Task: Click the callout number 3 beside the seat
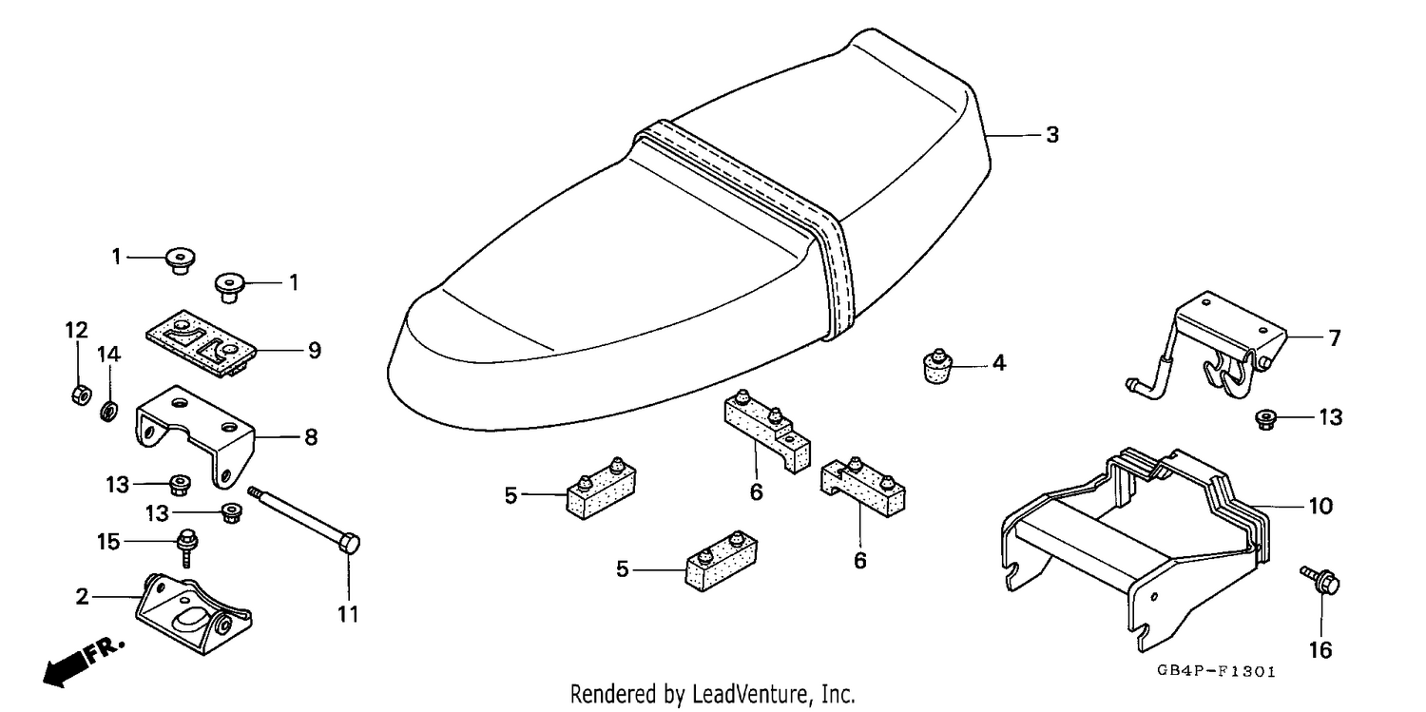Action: click(x=1051, y=135)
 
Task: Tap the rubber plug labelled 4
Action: click(x=937, y=366)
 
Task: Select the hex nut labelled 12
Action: click(x=80, y=395)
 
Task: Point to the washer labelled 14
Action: click(x=108, y=411)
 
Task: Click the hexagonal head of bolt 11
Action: click(x=351, y=545)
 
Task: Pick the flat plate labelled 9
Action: click(x=201, y=343)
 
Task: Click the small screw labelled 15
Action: click(x=188, y=547)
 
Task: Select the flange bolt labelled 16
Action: click(x=1320, y=580)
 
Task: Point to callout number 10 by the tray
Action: click(x=1320, y=507)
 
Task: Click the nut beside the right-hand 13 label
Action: click(x=1265, y=420)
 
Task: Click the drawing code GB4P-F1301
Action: click(x=1216, y=672)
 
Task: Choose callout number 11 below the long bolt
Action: click(x=348, y=615)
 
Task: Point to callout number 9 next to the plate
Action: click(x=315, y=351)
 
